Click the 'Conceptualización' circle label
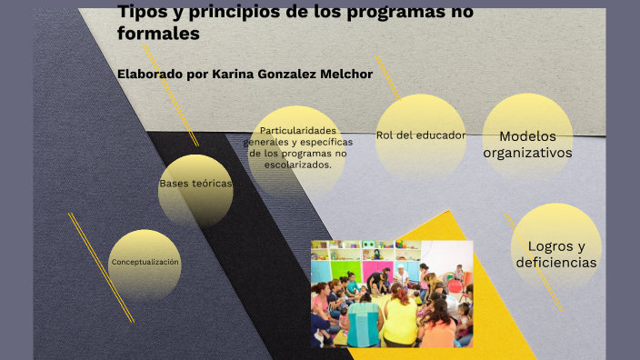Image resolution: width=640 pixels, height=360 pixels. tap(145, 263)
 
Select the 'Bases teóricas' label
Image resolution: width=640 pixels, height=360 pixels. tap(195, 184)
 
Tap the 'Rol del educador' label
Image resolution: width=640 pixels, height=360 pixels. tap(421, 135)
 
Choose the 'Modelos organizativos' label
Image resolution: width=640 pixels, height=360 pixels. tap(527, 144)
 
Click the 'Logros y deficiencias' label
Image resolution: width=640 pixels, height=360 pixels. tap(555, 255)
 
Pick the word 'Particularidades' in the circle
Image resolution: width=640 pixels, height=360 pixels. tap(298, 131)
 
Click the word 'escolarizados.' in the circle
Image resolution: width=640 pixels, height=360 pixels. tap(298, 165)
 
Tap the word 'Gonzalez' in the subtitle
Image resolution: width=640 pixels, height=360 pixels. tap(286, 74)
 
